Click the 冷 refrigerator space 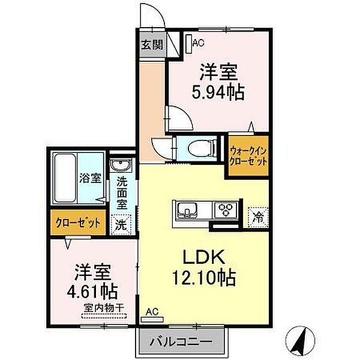(257, 215)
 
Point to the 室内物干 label (103, 308)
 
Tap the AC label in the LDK (152, 312)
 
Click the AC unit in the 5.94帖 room (190, 43)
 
